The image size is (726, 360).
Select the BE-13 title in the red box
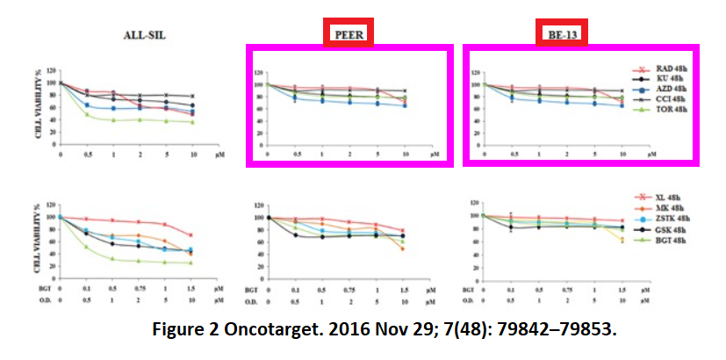coord(562,33)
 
